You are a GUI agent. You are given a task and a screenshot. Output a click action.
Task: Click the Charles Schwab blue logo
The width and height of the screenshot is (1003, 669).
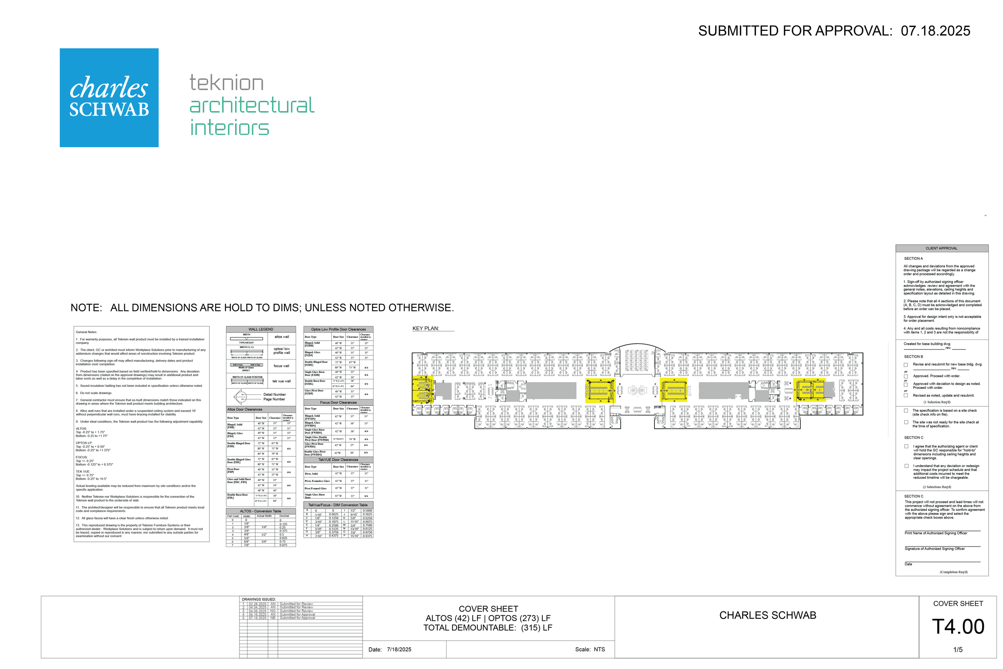109,98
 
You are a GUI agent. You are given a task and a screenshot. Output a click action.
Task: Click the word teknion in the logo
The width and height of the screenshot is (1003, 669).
226,83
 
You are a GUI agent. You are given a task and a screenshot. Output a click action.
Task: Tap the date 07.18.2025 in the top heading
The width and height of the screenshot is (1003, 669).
935,31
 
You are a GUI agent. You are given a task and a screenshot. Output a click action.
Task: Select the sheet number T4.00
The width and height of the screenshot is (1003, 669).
958,627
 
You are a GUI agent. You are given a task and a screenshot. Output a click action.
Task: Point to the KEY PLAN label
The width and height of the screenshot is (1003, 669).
425,329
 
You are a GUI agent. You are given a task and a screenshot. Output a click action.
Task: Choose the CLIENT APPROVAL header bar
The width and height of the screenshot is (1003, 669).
941,248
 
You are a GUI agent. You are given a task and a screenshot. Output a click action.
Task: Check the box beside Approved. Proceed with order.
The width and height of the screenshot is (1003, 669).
906,376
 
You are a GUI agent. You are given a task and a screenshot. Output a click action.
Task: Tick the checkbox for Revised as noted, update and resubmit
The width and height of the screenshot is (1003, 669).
906,396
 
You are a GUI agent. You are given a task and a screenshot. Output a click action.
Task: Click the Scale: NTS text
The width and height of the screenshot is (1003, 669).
590,649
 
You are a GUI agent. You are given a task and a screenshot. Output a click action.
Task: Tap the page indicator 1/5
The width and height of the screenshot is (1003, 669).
958,649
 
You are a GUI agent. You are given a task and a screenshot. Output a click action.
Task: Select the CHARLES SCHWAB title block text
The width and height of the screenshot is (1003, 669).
767,615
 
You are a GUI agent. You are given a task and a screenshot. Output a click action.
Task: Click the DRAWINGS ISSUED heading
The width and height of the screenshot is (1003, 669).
258,600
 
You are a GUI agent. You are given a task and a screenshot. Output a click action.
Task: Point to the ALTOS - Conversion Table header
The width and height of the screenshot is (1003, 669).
260,511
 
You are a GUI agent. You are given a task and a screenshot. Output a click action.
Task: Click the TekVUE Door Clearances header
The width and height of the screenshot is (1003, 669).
338,460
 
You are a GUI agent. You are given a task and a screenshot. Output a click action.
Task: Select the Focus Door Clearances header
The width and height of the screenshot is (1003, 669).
338,403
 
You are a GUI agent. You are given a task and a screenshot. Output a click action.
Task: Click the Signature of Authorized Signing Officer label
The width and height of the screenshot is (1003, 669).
934,549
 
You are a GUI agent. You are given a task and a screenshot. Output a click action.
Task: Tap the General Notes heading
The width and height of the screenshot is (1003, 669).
86,332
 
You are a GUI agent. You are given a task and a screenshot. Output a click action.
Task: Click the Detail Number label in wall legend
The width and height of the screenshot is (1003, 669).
274,394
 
